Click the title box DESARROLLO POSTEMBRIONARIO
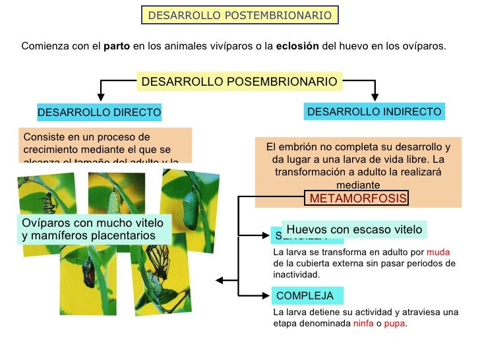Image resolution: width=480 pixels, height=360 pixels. [x=240, y=15]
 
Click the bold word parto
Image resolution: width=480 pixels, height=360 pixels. [x=116, y=47]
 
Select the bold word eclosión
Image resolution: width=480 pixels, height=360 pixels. [x=297, y=47]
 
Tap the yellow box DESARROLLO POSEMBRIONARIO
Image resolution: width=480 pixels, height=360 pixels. [x=239, y=82]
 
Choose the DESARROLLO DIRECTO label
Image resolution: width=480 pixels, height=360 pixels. [x=99, y=113]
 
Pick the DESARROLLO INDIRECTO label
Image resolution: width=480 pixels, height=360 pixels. [x=374, y=112]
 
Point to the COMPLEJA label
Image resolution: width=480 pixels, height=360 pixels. [x=305, y=296]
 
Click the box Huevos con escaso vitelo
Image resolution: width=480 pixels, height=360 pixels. [x=354, y=229]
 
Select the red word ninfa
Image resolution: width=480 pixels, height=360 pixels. [x=363, y=324]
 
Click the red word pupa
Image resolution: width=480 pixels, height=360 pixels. [x=394, y=324]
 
